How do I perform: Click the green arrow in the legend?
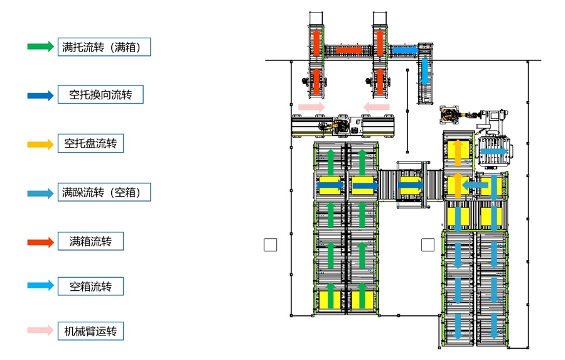pos(41,46)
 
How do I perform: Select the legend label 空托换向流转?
pos(100,95)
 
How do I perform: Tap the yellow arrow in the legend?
pos(41,144)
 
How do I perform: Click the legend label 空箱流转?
pos(90,286)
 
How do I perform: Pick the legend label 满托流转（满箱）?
pos(105,47)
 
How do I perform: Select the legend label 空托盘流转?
pos(90,143)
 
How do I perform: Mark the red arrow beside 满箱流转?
pos(41,241)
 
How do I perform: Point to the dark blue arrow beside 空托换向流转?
pos(41,96)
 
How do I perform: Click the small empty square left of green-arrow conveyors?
pos(270,245)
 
